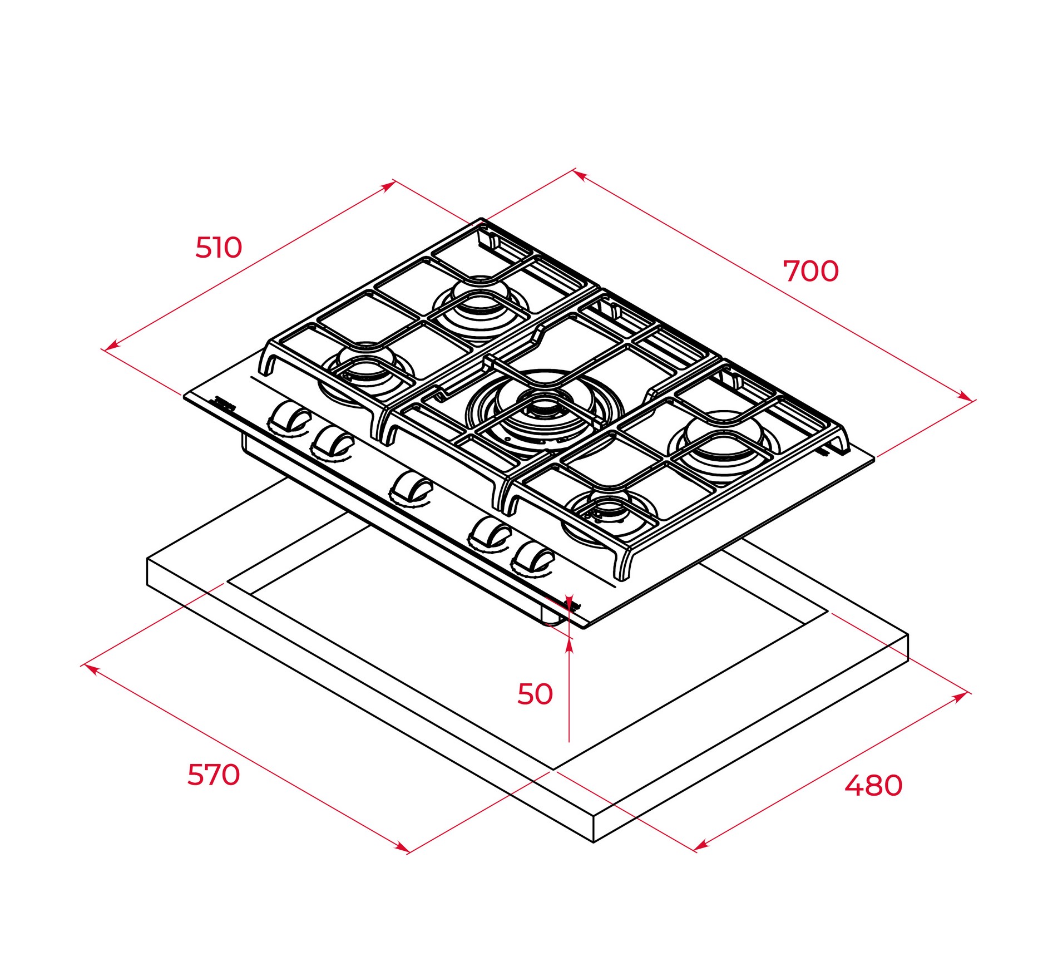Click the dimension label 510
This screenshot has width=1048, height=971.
[219, 248]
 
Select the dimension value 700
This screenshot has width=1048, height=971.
[810, 272]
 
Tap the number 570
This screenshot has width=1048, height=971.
[214, 775]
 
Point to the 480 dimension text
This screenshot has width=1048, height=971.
[873, 786]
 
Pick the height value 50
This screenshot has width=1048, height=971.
[535, 694]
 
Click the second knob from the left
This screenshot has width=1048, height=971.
[333, 442]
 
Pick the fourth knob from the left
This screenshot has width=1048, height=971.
[490, 534]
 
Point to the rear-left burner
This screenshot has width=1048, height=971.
[479, 303]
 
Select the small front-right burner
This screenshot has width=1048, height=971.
[609, 511]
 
